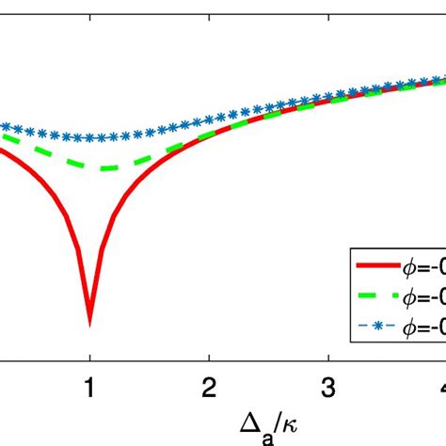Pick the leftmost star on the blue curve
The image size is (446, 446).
[x=3, y=125]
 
